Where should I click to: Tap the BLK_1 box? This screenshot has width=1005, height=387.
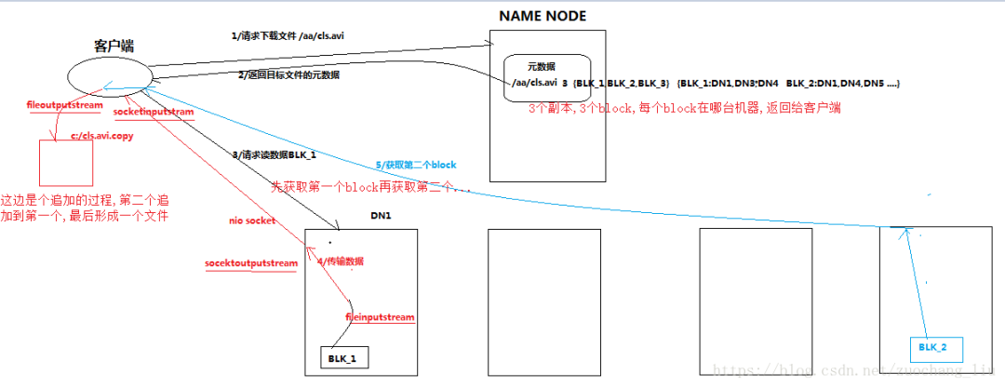click(x=343, y=356)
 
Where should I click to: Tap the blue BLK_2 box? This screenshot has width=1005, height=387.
click(x=934, y=347)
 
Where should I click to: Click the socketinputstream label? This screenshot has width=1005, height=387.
click(x=154, y=112)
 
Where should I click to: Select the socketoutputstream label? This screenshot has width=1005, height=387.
click(x=251, y=263)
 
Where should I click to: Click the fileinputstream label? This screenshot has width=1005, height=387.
click(x=379, y=317)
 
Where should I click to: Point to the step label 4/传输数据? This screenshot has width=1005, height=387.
click(x=342, y=260)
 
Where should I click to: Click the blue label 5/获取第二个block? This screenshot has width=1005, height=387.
click(x=416, y=164)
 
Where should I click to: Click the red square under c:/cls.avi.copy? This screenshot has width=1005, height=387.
click(x=65, y=163)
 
